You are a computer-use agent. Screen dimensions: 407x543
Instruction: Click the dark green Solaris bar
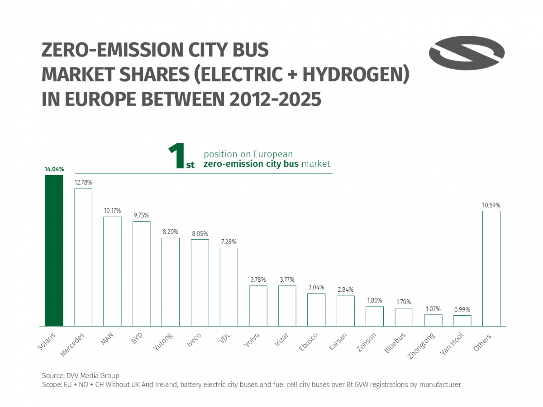click(x=54, y=251)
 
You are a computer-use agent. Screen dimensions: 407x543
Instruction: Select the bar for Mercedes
click(x=83, y=257)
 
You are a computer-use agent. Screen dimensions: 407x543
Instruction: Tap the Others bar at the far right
click(x=491, y=269)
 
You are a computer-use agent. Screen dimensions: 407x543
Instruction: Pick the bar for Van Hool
click(x=462, y=321)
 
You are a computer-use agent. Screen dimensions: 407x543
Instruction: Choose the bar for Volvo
click(x=258, y=306)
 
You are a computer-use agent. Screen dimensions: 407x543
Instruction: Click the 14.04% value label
click(x=54, y=169)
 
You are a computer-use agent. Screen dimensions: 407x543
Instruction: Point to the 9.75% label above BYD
click(x=141, y=215)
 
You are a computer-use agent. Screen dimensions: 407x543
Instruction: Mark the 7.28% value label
click(x=229, y=242)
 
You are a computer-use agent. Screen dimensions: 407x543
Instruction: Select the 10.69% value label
click(x=491, y=205)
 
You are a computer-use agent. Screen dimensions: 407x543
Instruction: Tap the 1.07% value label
click(x=433, y=309)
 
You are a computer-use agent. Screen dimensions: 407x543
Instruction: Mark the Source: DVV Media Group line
click(x=81, y=375)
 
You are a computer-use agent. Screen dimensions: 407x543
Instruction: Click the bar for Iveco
click(x=200, y=283)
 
